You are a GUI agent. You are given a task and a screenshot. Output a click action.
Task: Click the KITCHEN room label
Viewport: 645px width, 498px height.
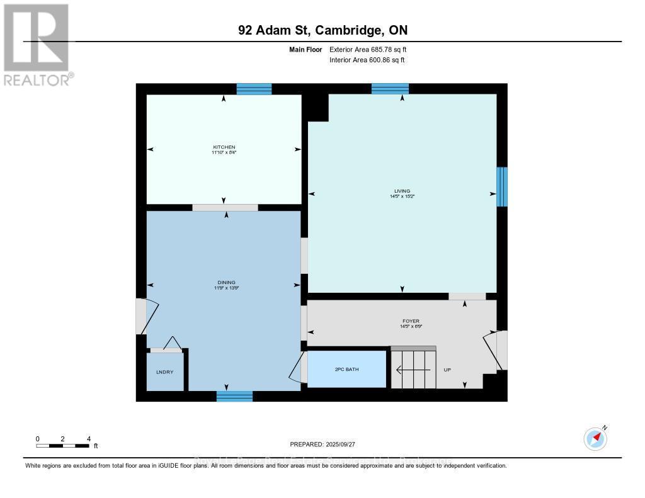224,147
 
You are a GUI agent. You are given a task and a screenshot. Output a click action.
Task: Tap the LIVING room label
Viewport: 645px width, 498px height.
402,191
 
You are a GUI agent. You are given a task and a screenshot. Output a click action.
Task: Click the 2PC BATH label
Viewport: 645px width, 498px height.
346,369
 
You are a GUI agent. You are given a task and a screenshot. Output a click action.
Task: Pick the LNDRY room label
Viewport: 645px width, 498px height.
164,372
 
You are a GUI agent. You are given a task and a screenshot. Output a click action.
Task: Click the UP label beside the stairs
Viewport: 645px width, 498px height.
447,370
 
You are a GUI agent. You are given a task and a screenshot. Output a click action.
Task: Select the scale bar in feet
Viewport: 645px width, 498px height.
63,446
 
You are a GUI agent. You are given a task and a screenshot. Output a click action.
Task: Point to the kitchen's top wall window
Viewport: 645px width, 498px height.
254,89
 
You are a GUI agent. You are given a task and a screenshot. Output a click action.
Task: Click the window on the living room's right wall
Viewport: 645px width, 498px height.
501,187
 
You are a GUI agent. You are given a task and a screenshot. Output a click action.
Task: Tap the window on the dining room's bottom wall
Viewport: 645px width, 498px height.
234,396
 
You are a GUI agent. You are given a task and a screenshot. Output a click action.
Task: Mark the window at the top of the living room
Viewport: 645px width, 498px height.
390,89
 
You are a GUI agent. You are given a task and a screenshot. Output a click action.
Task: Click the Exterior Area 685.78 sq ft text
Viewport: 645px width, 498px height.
372,49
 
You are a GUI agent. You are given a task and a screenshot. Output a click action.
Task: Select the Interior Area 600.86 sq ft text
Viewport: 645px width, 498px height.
367,60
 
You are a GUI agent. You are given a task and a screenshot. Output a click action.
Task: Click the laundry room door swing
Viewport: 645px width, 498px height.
170,342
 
